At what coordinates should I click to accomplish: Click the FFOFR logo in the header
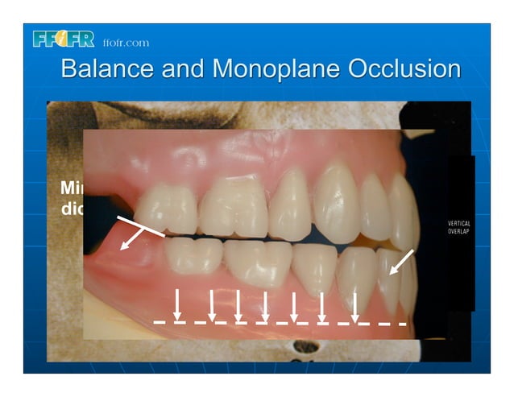(65, 39)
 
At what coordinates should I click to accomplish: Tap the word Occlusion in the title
(404, 68)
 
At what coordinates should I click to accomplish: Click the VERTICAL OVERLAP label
(459, 227)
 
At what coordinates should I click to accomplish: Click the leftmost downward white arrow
(177, 304)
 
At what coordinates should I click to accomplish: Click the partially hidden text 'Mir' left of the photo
(72, 188)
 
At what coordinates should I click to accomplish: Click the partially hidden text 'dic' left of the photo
(72, 207)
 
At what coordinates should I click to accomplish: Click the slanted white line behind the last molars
(140, 226)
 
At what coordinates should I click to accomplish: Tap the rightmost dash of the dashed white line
(399, 324)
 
